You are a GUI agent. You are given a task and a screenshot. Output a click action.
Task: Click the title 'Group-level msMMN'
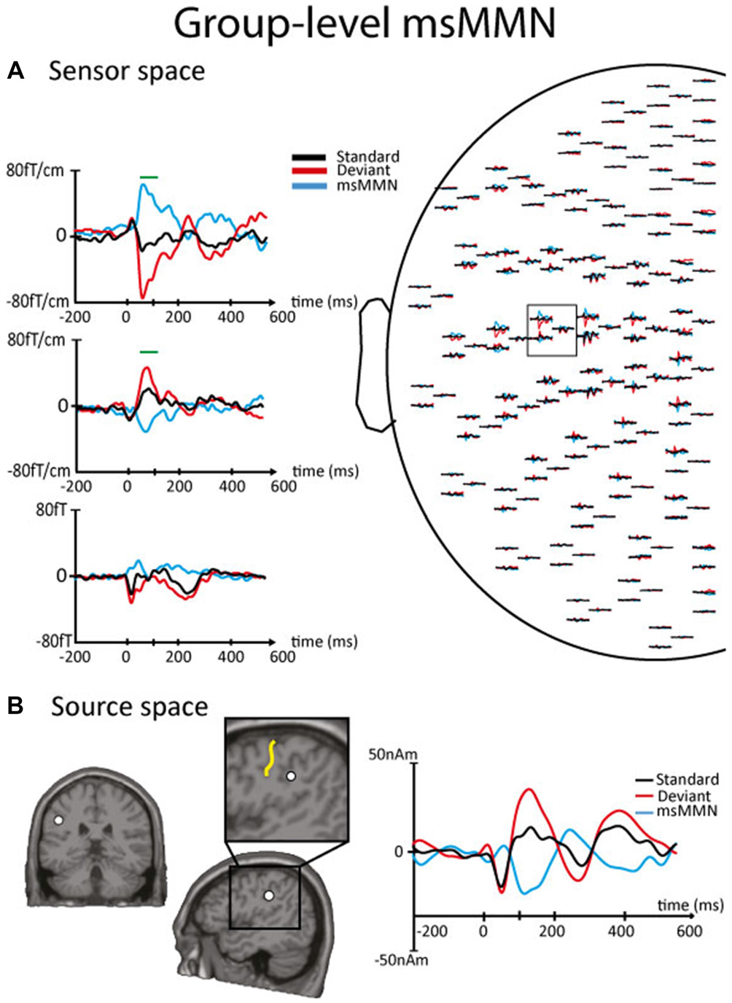pyautogui.click(x=365, y=24)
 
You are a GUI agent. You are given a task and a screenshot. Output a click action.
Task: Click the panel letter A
pyautogui.click(x=15, y=71)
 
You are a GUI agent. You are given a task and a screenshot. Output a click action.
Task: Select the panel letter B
pyautogui.click(x=15, y=706)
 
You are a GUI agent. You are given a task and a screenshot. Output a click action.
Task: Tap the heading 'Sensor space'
pyautogui.click(x=126, y=71)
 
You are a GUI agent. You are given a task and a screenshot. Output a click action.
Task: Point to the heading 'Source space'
pyautogui.click(x=129, y=707)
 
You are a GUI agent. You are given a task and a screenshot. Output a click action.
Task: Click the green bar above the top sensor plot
pyautogui.click(x=149, y=177)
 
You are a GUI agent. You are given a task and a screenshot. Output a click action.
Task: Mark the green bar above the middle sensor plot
pyautogui.click(x=149, y=352)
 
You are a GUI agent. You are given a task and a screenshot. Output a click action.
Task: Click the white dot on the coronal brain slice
pyautogui.click(x=58, y=820)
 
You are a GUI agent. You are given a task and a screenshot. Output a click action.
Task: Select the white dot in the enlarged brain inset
pyautogui.click(x=291, y=777)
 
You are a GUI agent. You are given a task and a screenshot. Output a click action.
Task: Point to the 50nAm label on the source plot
pyautogui.click(x=392, y=755)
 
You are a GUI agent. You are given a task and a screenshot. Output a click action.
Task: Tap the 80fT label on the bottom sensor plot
pyautogui.click(x=51, y=510)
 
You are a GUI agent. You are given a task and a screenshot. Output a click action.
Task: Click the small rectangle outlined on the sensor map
pyautogui.click(x=552, y=330)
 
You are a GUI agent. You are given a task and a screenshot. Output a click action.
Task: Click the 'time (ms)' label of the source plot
pyautogui.click(x=690, y=905)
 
